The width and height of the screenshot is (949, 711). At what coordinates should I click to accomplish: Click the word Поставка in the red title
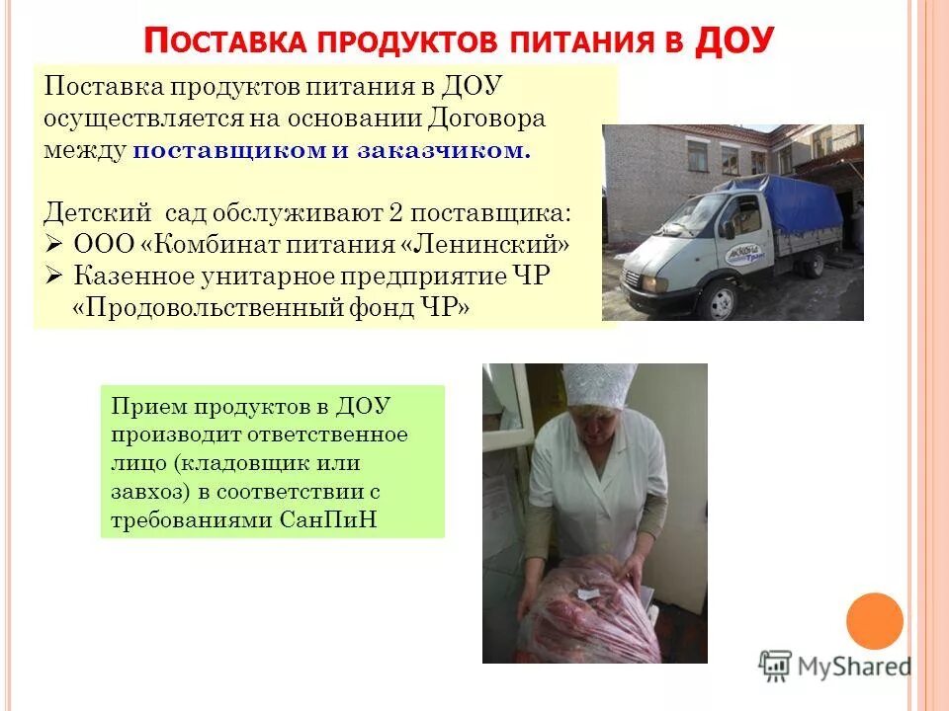[x=222, y=43]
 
